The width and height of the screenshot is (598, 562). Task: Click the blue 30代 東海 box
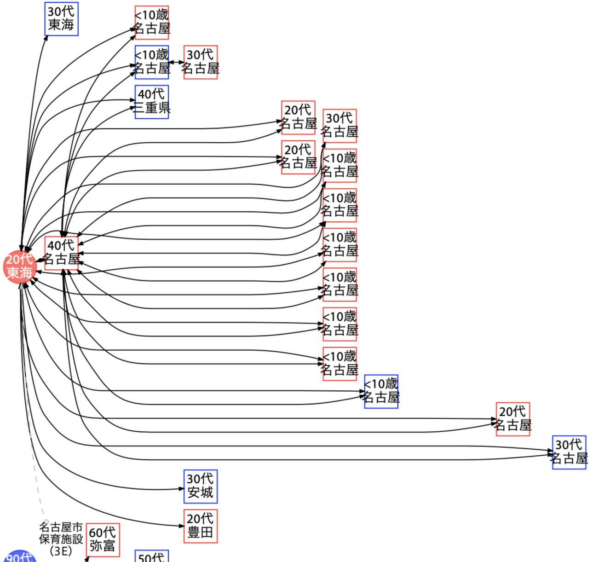tap(62, 19)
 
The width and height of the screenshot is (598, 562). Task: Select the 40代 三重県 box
tap(152, 102)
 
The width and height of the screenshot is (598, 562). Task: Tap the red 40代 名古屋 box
tap(62, 253)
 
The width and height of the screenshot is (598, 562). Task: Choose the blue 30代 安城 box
tap(201, 487)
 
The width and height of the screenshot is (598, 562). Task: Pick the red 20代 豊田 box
tap(201, 526)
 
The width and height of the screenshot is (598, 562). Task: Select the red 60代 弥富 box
tap(103, 540)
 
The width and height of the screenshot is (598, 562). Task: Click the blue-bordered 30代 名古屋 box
tap(569, 452)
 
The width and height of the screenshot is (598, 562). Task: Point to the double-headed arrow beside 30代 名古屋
tap(177, 62)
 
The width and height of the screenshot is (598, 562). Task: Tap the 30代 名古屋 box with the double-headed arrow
tap(201, 62)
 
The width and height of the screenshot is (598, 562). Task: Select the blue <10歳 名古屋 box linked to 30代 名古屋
tap(152, 62)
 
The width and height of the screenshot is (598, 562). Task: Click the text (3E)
tap(61, 550)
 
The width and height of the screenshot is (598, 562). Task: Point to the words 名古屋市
tap(61, 527)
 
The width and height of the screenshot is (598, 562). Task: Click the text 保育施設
tap(61, 539)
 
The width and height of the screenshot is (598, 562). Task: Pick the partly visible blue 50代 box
tap(152, 556)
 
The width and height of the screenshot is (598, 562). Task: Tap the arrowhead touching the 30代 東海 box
tap(46, 37)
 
